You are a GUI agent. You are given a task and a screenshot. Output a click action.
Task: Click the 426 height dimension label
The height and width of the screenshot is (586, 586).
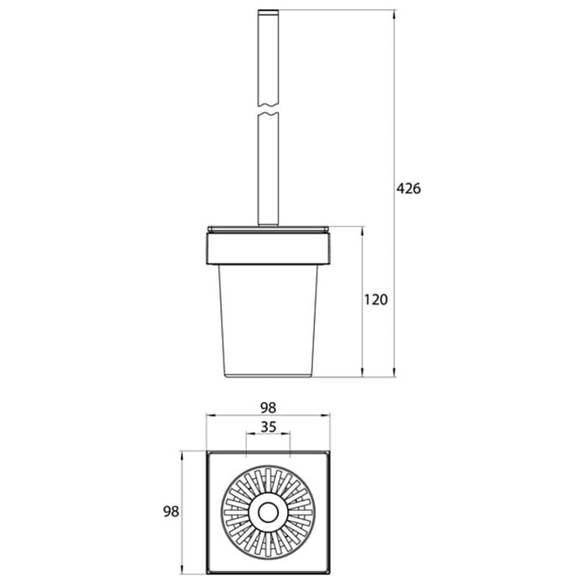[409, 188]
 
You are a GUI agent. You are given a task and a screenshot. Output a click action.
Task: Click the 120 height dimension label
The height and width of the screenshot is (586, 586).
[376, 300]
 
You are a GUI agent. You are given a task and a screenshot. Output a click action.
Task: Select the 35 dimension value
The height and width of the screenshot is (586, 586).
[269, 427]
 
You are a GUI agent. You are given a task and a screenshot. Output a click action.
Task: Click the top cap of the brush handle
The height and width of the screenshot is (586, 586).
[269, 13]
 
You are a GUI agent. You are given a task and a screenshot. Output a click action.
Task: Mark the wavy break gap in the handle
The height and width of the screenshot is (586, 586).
[269, 108]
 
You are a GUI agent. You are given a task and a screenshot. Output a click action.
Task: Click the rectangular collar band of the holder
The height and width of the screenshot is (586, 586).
[268, 249]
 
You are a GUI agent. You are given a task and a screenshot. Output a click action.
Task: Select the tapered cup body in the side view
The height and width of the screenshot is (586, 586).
[268, 321]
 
